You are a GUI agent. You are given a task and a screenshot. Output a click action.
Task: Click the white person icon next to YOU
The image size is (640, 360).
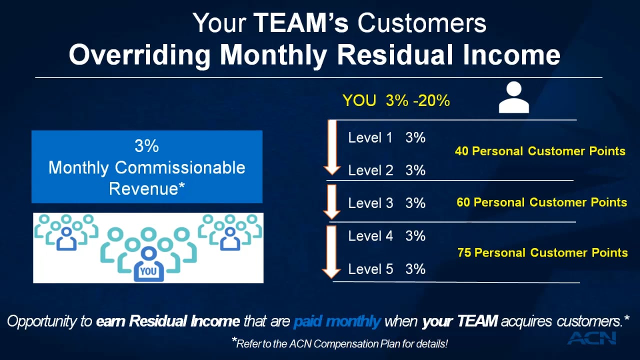click(x=513, y=97)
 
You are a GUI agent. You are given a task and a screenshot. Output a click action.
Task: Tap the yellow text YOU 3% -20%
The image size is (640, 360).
click(x=396, y=101)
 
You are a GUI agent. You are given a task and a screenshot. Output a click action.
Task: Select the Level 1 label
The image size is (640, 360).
click(x=370, y=138)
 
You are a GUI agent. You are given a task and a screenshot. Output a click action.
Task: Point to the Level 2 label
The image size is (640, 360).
click(x=370, y=170)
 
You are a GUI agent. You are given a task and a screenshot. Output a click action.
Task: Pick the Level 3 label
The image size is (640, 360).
click(x=370, y=203)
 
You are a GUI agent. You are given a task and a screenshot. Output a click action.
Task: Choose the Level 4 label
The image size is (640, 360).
click(x=370, y=236)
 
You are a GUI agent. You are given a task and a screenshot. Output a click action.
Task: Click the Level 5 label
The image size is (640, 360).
click(x=370, y=269)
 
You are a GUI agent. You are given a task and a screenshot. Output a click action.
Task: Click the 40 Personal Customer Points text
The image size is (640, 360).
click(x=540, y=151)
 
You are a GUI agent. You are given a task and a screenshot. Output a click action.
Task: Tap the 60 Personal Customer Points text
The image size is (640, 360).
click(x=541, y=202)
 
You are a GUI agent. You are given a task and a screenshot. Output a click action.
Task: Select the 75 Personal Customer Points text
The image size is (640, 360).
click(x=542, y=252)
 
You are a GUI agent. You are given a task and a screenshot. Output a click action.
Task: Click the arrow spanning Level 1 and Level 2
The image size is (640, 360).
click(x=332, y=148)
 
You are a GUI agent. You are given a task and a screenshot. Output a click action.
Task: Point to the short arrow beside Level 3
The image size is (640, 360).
click(x=332, y=202)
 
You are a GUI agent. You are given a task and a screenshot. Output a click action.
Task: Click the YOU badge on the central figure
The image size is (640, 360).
click(x=148, y=271)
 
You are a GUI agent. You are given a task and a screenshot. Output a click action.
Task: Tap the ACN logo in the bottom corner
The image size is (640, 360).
click(x=592, y=337)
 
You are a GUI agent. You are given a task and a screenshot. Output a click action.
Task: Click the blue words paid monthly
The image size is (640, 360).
click(x=337, y=321)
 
